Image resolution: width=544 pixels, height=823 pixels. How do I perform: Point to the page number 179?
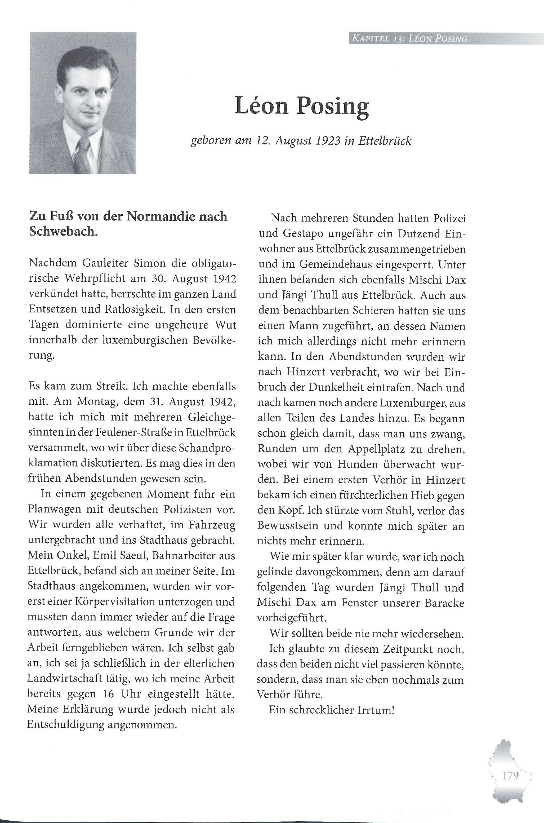(510, 775)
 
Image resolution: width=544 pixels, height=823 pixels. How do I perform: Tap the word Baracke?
(444, 603)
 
